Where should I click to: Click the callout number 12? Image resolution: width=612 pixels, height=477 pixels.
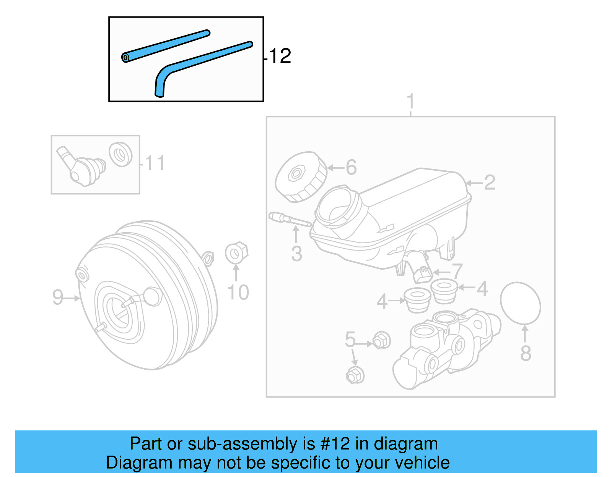pos(280,56)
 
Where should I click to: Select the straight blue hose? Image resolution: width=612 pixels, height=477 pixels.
pos(165,46)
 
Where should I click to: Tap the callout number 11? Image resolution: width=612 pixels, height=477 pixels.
pos(155,163)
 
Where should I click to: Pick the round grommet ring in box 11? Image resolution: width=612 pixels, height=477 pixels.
pos(120,154)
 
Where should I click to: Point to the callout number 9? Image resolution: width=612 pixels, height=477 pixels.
pos(57,297)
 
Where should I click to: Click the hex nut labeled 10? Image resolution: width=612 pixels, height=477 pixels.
pos(236,252)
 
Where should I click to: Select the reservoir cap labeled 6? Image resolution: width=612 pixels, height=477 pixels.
pos(301,177)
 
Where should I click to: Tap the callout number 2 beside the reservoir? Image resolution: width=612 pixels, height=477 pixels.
pos(490,183)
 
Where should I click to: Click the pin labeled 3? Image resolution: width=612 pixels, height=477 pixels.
pos(290,220)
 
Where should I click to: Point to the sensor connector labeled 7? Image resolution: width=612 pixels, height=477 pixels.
pos(422,273)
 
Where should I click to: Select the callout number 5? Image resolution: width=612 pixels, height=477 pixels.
pos(350,339)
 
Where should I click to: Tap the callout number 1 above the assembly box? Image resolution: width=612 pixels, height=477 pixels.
pos(410,102)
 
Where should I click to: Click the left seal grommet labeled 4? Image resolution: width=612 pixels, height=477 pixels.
pos(417,300)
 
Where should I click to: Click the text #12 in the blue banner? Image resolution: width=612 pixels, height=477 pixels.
pos(335,444)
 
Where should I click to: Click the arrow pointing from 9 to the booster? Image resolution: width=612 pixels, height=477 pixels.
pos(72,298)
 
